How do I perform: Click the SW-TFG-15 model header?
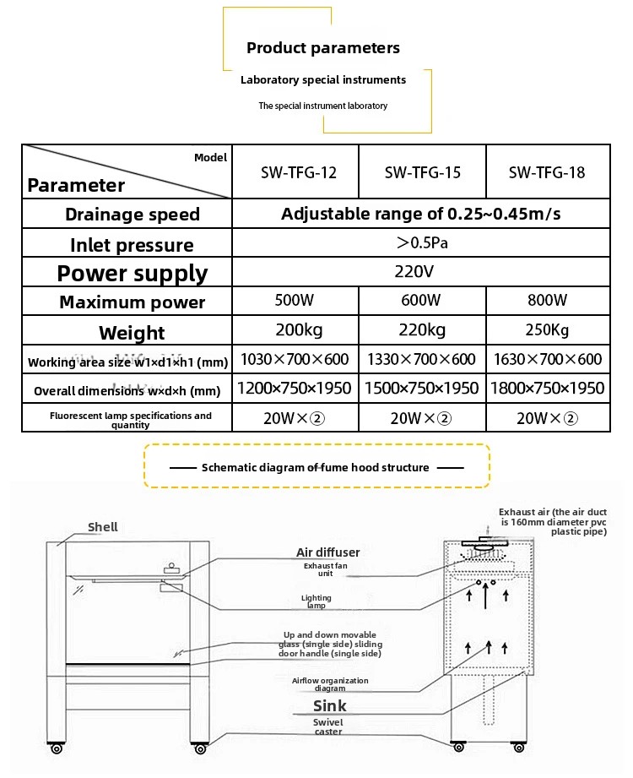tap(422, 172)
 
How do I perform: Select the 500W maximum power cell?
tap(295, 300)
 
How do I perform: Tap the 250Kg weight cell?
tap(547, 330)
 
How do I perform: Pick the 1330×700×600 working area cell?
tap(421, 359)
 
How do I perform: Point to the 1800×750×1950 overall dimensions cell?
tap(547, 388)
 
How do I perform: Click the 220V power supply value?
tap(414, 271)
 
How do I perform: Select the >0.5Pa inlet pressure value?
tap(422, 242)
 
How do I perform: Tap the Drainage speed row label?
tap(133, 215)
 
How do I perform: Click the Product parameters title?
tap(323, 48)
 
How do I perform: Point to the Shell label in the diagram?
tap(103, 527)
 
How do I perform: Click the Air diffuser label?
tap(328, 552)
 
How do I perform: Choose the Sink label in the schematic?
tap(330, 705)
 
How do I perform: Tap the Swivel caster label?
tap(328, 727)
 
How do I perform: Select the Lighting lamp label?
tap(316, 601)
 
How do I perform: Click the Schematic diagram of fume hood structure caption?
tap(316, 467)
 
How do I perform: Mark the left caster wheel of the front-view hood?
tap(57, 748)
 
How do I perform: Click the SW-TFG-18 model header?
tap(547, 172)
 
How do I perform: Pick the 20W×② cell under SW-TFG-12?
tap(294, 418)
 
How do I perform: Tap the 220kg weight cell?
tap(422, 330)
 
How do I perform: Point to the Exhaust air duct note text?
tap(553, 521)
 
